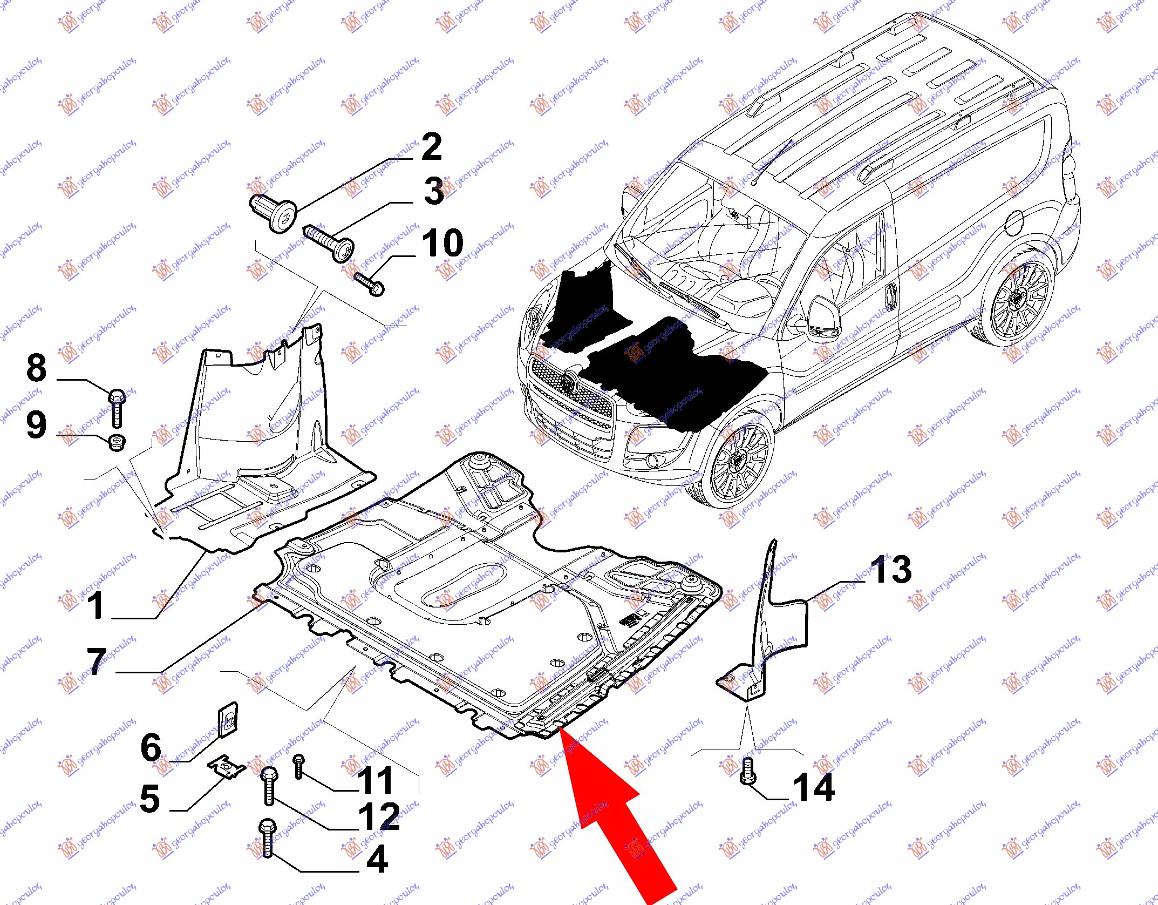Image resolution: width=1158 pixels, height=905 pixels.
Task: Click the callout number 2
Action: coord(431,147)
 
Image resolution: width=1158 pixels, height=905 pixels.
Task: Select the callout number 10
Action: coord(442,244)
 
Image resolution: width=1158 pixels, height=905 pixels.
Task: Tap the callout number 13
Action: coord(891,570)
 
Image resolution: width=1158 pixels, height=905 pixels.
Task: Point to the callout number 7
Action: coord(97,661)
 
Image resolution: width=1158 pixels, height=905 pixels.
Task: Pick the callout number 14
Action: coord(814,788)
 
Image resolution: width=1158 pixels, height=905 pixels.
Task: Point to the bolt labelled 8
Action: coord(117,408)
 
